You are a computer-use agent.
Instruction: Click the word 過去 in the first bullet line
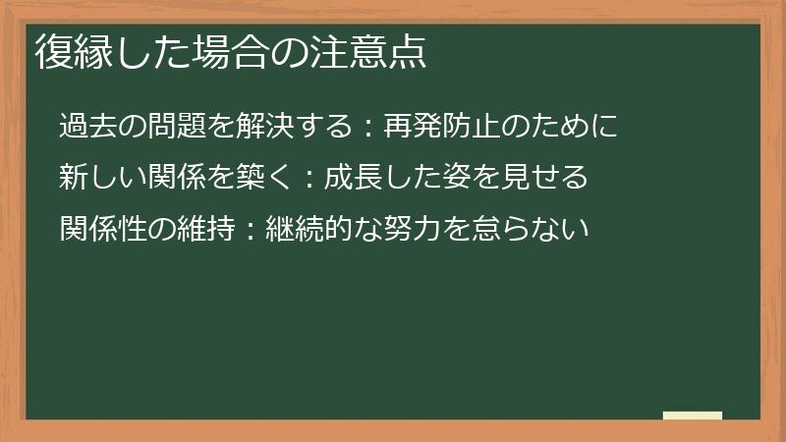(85, 126)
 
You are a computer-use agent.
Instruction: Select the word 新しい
(99, 178)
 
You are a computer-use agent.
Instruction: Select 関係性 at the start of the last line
(99, 230)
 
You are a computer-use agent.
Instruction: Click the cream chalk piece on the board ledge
(693, 414)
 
